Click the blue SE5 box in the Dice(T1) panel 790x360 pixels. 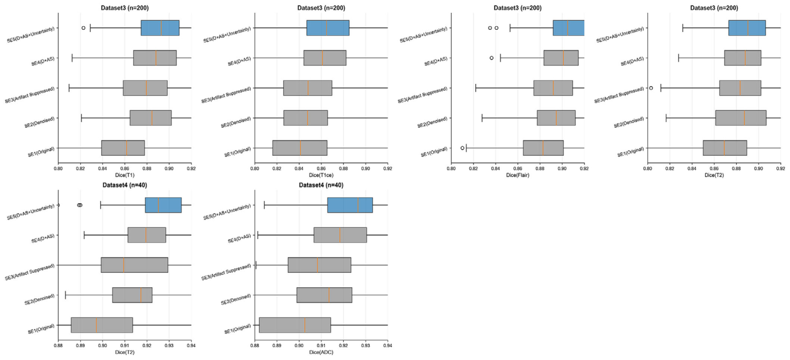point(160,28)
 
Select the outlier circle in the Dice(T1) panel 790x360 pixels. point(83,28)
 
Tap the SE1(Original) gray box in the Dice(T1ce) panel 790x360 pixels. point(300,148)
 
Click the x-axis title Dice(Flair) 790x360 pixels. point(518,175)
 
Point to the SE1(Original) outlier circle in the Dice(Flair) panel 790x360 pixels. point(462,148)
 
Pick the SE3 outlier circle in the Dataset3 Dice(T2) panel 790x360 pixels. point(651,88)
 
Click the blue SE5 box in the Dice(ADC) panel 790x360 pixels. point(350,205)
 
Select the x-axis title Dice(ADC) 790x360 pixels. point(321,352)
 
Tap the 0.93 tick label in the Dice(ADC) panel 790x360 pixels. point(366,346)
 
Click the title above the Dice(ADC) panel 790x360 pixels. point(321,185)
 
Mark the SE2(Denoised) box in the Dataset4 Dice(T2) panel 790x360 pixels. point(132,295)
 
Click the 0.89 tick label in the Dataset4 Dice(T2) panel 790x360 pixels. point(81,346)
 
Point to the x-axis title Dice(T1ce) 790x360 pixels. point(321,175)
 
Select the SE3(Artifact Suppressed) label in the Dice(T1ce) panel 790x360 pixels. point(226,95)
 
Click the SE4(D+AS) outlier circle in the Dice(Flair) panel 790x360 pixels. point(492,58)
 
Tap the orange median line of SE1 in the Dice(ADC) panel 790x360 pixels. point(305,325)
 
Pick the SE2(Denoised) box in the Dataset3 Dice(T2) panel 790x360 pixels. point(741,118)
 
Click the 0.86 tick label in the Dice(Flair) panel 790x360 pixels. point(518,169)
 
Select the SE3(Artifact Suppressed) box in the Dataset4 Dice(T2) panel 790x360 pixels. point(134,265)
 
